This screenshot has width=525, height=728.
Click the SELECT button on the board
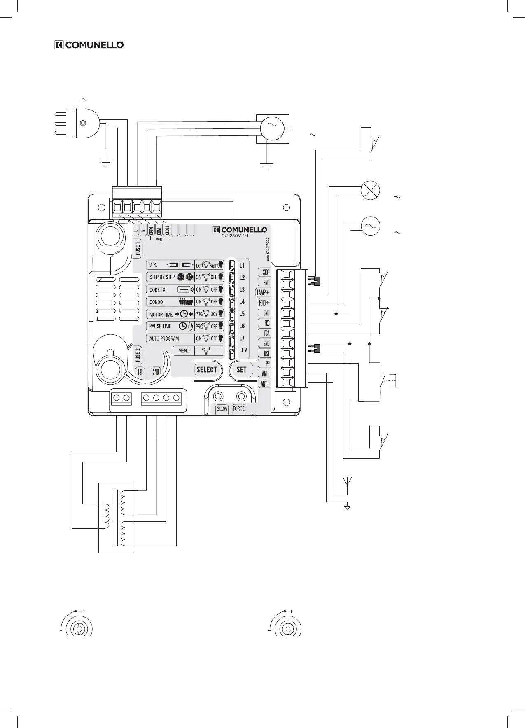tap(207, 369)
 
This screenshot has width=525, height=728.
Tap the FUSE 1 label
tap(138, 248)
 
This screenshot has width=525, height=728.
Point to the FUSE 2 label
tap(138, 355)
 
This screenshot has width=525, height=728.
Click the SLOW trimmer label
tap(222, 408)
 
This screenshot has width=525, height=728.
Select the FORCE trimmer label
tap(238, 408)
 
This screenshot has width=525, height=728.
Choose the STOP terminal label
tap(266, 272)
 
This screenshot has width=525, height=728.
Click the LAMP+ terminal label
tap(263, 292)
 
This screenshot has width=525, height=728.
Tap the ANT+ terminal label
tap(265, 384)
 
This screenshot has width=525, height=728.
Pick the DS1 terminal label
tap(266, 354)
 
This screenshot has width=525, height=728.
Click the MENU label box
tap(184, 351)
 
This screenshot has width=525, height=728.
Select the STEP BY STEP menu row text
tap(162, 277)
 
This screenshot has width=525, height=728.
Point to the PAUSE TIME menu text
tap(160, 326)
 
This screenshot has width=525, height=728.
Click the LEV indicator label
tap(243, 350)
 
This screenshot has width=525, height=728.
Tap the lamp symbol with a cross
tap(370, 191)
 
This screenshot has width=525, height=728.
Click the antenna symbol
tap(347, 481)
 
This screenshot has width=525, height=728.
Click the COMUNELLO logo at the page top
tap(89, 45)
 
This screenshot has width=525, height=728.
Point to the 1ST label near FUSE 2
tap(140, 372)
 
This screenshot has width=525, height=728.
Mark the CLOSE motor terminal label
tap(167, 230)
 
